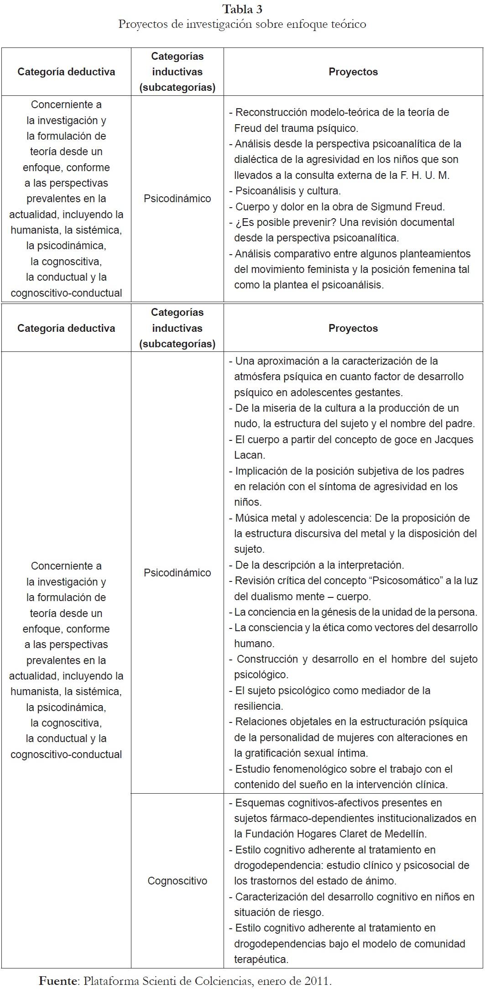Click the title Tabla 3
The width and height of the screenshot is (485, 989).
242,9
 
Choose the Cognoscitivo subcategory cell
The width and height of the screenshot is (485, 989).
177,881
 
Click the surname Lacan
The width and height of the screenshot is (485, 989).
249,455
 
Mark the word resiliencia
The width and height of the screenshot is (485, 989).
258,706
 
